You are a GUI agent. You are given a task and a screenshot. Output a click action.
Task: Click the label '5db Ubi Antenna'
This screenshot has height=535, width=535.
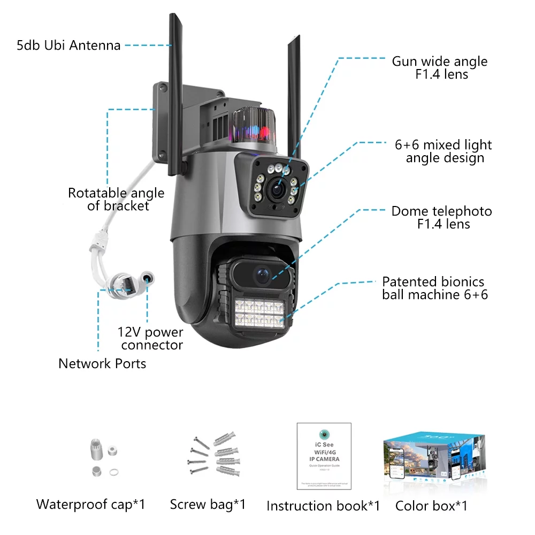pyautogui.click(x=68, y=45)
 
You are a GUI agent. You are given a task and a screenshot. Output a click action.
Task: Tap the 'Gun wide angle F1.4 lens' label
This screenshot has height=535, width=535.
pyautogui.click(x=439, y=68)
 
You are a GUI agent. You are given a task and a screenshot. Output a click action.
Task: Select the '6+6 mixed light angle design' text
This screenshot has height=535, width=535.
pyautogui.click(x=443, y=151)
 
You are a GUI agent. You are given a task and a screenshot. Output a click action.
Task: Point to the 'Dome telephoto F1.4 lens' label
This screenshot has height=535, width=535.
pyautogui.click(x=441, y=217)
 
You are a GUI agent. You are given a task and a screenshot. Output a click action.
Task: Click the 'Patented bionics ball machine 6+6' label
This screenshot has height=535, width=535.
pyautogui.click(x=434, y=288)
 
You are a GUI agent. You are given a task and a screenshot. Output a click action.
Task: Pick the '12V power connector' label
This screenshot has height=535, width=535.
pyautogui.click(x=150, y=339)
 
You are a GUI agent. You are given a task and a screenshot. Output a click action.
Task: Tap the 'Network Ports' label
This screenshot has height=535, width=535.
pyautogui.click(x=102, y=364)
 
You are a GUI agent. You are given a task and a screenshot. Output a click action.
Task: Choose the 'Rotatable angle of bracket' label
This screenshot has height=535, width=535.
pyautogui.click(x=116, y=199)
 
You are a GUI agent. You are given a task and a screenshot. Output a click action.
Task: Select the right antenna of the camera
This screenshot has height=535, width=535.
pyautogui.click(x=294, y=91)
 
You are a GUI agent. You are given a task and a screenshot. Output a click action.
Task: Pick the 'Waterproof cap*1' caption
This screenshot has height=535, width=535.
pyautogui.click(x=90, y=504)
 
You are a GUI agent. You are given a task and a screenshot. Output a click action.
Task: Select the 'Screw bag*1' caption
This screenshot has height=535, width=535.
pyautogui.click(x=208, y=504)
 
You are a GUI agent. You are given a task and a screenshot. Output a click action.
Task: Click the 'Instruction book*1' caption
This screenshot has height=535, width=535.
pyautogui.click(x=323, y=506)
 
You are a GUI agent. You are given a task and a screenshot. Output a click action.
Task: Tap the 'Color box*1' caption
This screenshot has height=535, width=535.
pyautogui.click(x=431, y=506)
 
